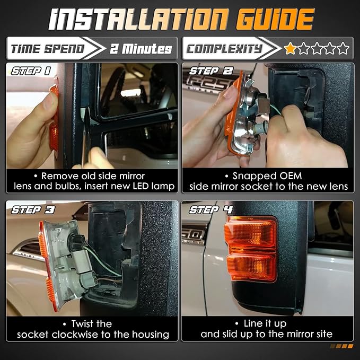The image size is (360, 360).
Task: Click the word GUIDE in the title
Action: pos(275,19)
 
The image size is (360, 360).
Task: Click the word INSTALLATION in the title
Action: pos(139,19)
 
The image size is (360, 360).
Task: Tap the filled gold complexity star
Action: pos(290,48)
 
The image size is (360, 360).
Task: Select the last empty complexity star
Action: pos(343,48)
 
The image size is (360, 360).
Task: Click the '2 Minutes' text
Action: pos(141,49)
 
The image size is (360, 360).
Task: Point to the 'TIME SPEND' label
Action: pos(48,49)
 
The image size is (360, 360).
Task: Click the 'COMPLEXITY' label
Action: pos(224,49)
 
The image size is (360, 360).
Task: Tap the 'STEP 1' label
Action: pos(31,71)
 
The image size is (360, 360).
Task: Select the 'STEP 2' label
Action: pos(211,71)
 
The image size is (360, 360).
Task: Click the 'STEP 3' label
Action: pos(33,210)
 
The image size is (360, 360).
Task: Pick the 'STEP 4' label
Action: pos(211,210)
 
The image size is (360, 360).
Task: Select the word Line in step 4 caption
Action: pos(253,323)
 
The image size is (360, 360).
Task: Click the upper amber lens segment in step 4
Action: pos(250,234)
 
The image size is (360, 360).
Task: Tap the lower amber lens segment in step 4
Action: pos(251,267)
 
